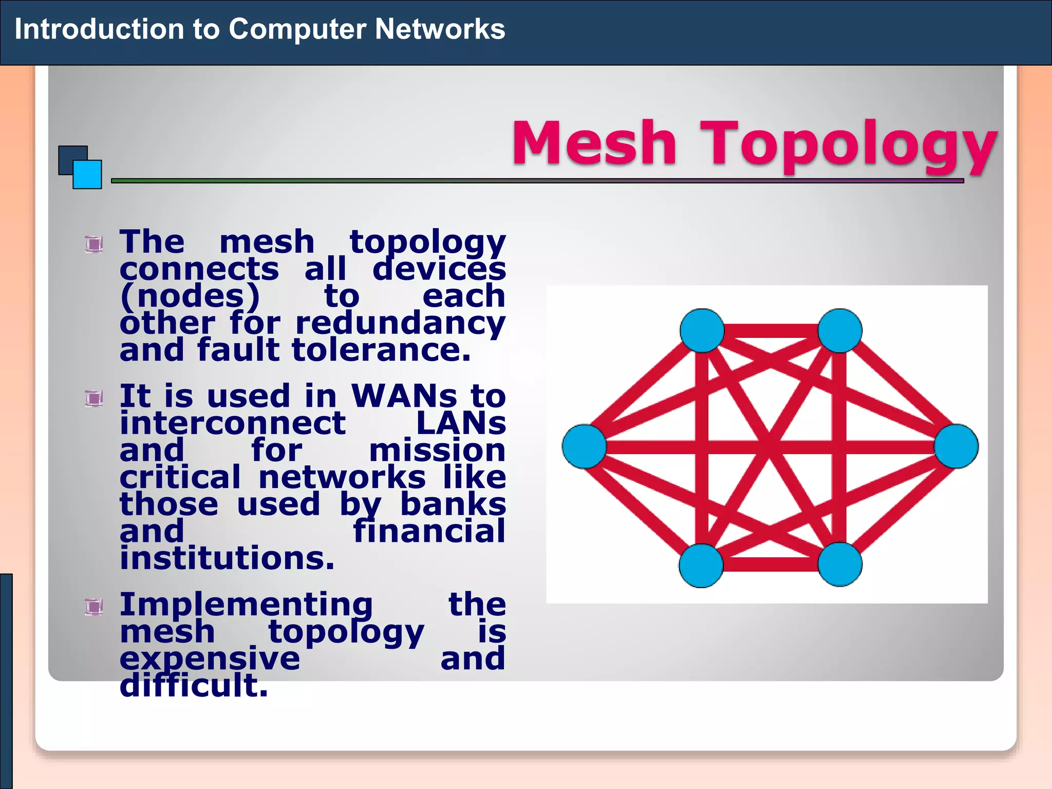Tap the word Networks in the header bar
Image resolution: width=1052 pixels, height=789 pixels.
[440, 29]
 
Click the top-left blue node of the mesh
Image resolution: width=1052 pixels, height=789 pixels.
[702, 330]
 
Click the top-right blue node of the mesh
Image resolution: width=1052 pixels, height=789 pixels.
[839, 330]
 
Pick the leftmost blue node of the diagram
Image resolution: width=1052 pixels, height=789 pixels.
[584, 446]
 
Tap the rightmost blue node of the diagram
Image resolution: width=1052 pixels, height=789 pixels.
[956, 446]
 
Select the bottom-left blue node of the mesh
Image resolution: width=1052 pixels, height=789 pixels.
[701, 565]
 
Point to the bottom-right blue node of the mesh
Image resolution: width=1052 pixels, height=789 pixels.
[839, 564]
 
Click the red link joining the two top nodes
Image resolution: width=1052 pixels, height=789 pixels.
[771, 331]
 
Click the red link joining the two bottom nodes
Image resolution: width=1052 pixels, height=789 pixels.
[771, 565]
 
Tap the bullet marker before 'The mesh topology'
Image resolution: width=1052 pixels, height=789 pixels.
[93, 243]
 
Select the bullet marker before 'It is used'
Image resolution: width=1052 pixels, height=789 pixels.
[93, 398]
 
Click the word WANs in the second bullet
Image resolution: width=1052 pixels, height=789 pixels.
[404, 397]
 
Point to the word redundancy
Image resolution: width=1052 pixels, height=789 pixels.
[400, 324]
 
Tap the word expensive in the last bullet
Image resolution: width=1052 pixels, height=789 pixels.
[210, 659]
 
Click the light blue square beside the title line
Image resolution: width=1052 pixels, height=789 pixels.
[87, 175]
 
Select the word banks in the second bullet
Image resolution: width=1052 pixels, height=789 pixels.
[453, 504]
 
